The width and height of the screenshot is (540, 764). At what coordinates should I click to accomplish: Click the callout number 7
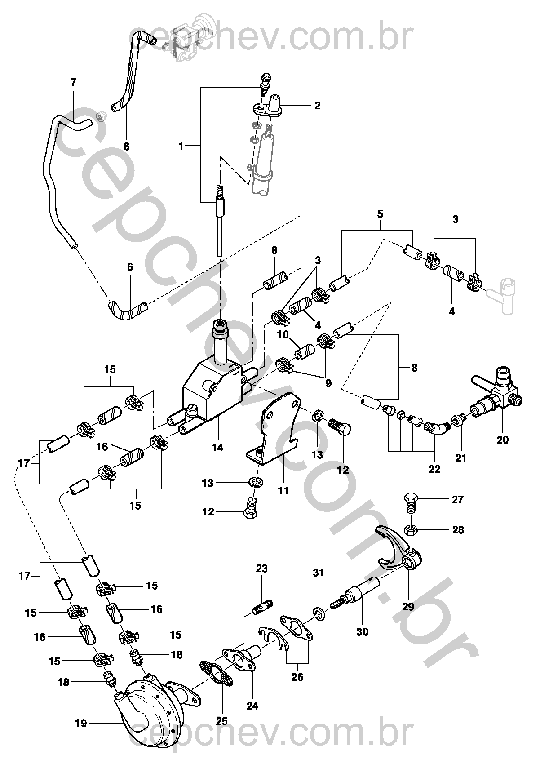(73, 82)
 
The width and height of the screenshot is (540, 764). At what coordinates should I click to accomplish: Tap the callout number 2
(318, 106)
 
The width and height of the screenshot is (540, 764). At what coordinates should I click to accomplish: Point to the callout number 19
(81, 724)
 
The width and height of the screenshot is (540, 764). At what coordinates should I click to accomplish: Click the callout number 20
(503, 440)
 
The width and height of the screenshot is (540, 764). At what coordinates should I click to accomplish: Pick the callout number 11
(283, 491)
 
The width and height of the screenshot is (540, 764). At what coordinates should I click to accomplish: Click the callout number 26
(297, 677)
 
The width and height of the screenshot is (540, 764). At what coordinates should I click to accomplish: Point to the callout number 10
(282, 335)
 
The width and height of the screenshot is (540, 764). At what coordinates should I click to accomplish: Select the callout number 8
(414, 368)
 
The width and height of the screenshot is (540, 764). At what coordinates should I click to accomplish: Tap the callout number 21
(461, 458)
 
